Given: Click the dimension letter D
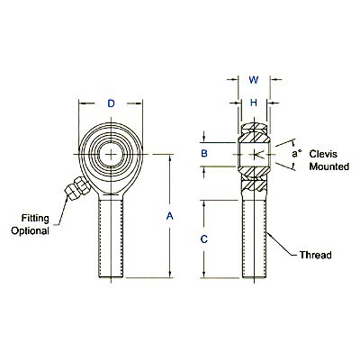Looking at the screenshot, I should pyautogui.click(x=112, y=103).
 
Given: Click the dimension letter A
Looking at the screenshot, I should pyautogui.click(x=170, y=215).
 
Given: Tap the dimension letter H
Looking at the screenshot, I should pyautogui.click(x=254, y=103).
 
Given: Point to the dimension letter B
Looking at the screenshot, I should pyautogui.click(x=204, y=154).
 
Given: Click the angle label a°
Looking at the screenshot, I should pyautogui.click(x=294, y=154).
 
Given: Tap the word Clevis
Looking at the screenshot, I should pyautogui.click(x=323, y=155).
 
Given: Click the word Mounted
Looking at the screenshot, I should pyautogui.click(x=327, y=167).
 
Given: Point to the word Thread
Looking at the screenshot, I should pyautogui.click(x=315, y=256).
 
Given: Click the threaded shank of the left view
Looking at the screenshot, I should pyautogui.click(x=112, y=238).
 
